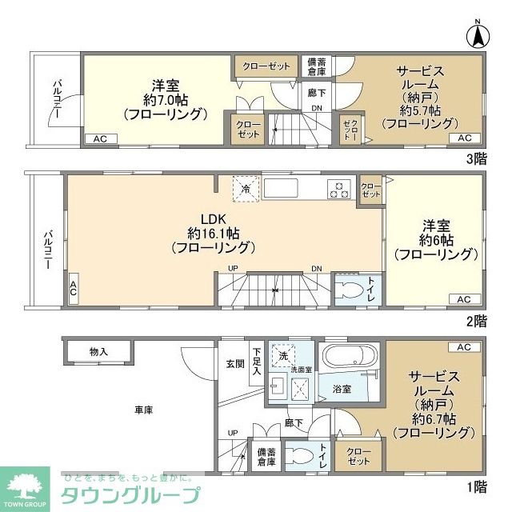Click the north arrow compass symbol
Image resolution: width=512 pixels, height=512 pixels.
(x=476, y=35)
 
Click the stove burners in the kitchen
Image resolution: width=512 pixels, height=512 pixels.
(x=338, y=190)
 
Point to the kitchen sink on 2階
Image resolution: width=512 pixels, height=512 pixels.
(x=282, y=189)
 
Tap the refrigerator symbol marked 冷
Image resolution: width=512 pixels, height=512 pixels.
(x=246, y=189)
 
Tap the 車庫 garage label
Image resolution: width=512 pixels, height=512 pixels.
(x=143, y=410)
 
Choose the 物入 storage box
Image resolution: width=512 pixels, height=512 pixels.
(x=98, y=351)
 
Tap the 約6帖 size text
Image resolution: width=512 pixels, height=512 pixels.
(x=435, y=240)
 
